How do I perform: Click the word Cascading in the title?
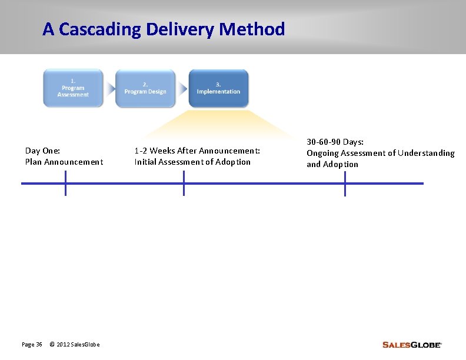(x=100, y=29)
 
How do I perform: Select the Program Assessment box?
(x=73, y=88)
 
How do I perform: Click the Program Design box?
(x=145, y=88)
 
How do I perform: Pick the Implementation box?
(x=218, y=88)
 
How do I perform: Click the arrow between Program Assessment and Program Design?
(x=109, y=89)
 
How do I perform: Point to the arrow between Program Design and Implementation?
(x=182, y=89)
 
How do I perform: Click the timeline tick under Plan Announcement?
(x=65, y=183)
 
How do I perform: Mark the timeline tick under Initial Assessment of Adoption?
(x=184, y=183)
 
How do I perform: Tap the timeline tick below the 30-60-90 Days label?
(x=345, y=183)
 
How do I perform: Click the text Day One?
(x=42, y=151)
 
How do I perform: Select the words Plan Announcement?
(x=64, y=162)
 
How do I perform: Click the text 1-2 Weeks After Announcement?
(x=197, y=151)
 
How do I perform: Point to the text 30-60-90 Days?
(x=335, y=142)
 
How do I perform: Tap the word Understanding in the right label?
(x=426, y=153)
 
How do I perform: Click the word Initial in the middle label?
(x=145, y=162)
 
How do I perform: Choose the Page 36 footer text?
(x=32, y=344)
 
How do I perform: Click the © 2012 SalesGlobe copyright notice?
(x=75, y=344)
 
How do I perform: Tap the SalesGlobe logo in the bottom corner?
(x=411, y=345)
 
